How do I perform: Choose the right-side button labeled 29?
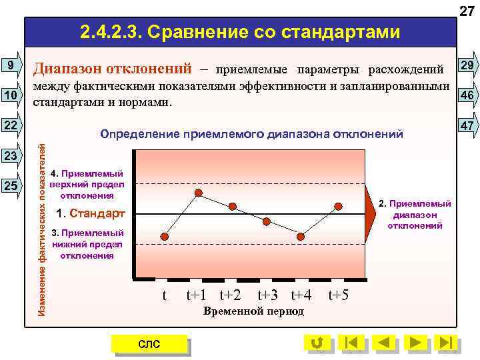tap(466, 65)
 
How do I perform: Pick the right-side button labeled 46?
tap(466, 95)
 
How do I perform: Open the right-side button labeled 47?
tap(466, 125)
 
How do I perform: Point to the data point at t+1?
tap(198, 193)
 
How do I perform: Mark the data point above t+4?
tap(301, 236)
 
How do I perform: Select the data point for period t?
tap(165, 236)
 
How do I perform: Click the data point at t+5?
tap(339, 205)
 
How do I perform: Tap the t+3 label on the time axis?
tap(268, 295)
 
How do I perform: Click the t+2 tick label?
tap(231, 295)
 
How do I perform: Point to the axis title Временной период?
tap(253, 311)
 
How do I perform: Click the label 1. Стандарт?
tap(91, 214)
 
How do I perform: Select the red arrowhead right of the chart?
tap(369, 213)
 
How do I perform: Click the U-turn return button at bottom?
tap(317, 343)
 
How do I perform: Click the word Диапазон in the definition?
tap(73, 68)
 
